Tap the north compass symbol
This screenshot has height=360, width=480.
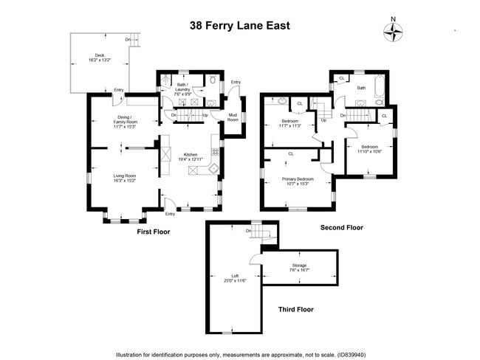pos(393,31)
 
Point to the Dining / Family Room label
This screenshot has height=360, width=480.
pos(123,122)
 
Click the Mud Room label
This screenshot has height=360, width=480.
pos(232,117)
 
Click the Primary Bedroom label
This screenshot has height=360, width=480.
pos(295,180)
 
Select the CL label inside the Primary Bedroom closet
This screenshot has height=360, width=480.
pos(291,153)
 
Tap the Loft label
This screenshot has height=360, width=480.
pos(236,277)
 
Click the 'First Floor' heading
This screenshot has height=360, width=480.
pos(154,232)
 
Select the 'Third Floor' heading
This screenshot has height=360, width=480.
pos(295,309)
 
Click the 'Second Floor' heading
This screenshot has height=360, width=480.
pos(342,228)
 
